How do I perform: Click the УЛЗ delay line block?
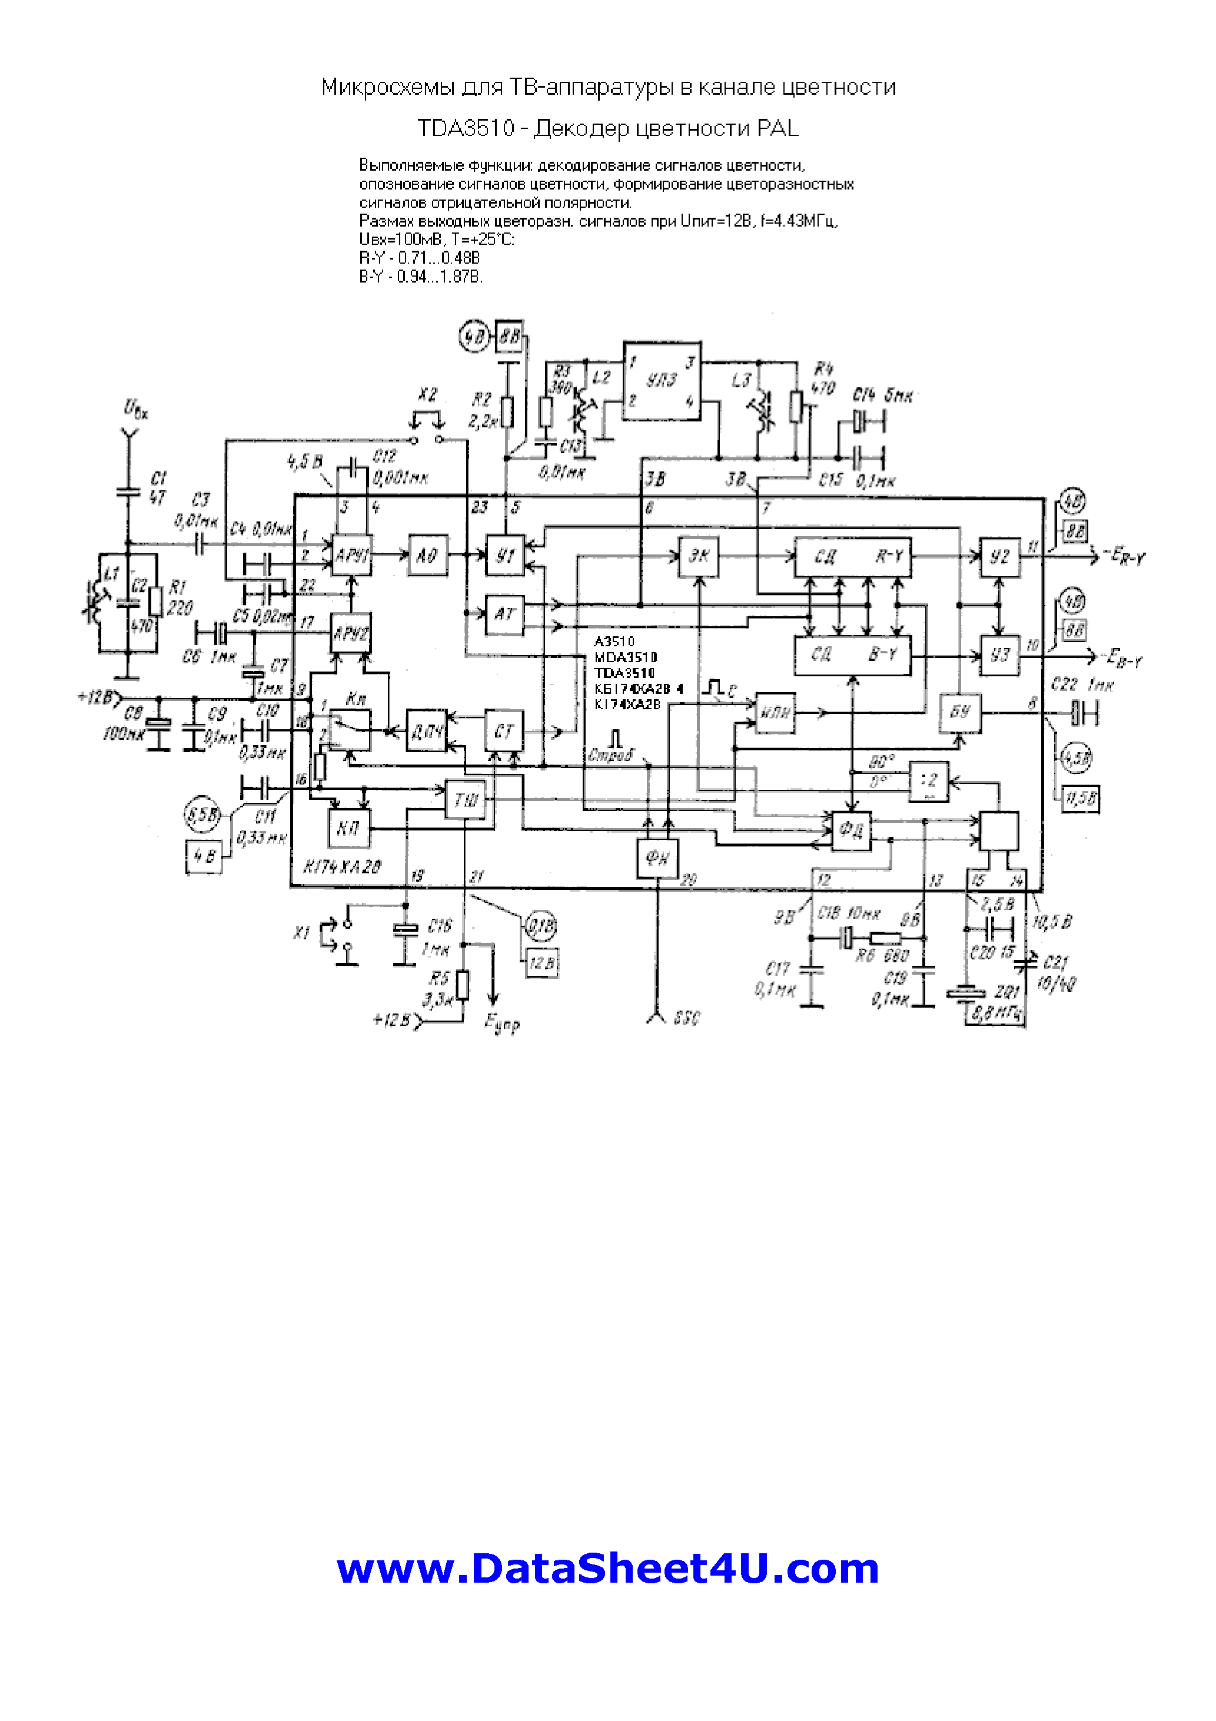[662, 381]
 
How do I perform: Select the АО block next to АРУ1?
[427, 556]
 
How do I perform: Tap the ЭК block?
[698, 557]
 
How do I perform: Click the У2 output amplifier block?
[1000, 557]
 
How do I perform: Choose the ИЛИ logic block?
[775, 712]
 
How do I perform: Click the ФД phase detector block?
[852, 830]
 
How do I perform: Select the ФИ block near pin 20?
[657, 857]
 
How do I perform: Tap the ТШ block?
[466, 800]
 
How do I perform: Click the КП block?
[348, 828]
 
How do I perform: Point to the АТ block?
[504, 614]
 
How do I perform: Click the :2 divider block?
[929, 781]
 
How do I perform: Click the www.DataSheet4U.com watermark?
[607, 1568]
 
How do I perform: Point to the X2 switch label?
[427, 394]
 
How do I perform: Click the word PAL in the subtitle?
[778, 128]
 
